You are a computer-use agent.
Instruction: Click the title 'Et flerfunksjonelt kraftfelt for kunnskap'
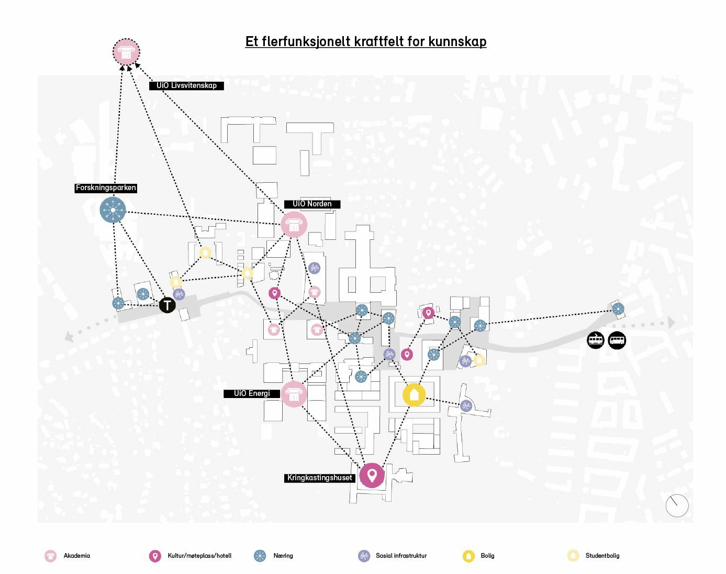click(365, 42)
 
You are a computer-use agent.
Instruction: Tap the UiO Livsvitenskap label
click(186, 85)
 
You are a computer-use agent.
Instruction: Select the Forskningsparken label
click(106, 188)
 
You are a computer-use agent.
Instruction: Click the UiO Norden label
click(312, 204)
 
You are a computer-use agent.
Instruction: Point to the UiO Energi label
click(252, 393)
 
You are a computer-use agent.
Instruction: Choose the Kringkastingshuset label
click(319, 478)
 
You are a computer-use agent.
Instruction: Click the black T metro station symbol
click(167, 305)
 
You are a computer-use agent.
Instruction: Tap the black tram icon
click(596, 340)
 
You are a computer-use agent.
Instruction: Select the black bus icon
click(617, 340)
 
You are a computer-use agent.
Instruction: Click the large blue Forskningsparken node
click(113, 211)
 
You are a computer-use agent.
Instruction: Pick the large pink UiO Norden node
click(294, 224)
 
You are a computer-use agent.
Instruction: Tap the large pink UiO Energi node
click(294, 394)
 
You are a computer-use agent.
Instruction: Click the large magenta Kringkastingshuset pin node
click(372, 476)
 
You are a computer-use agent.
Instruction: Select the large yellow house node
click(414, 394)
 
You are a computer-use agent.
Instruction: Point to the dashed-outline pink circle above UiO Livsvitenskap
click(126, 52)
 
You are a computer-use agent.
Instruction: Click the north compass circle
click(676, 505)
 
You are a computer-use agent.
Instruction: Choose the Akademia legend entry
click(68, 556)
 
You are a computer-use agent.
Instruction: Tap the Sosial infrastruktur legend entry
click(393, 556)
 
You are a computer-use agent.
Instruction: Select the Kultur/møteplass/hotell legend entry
click(191, 556)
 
